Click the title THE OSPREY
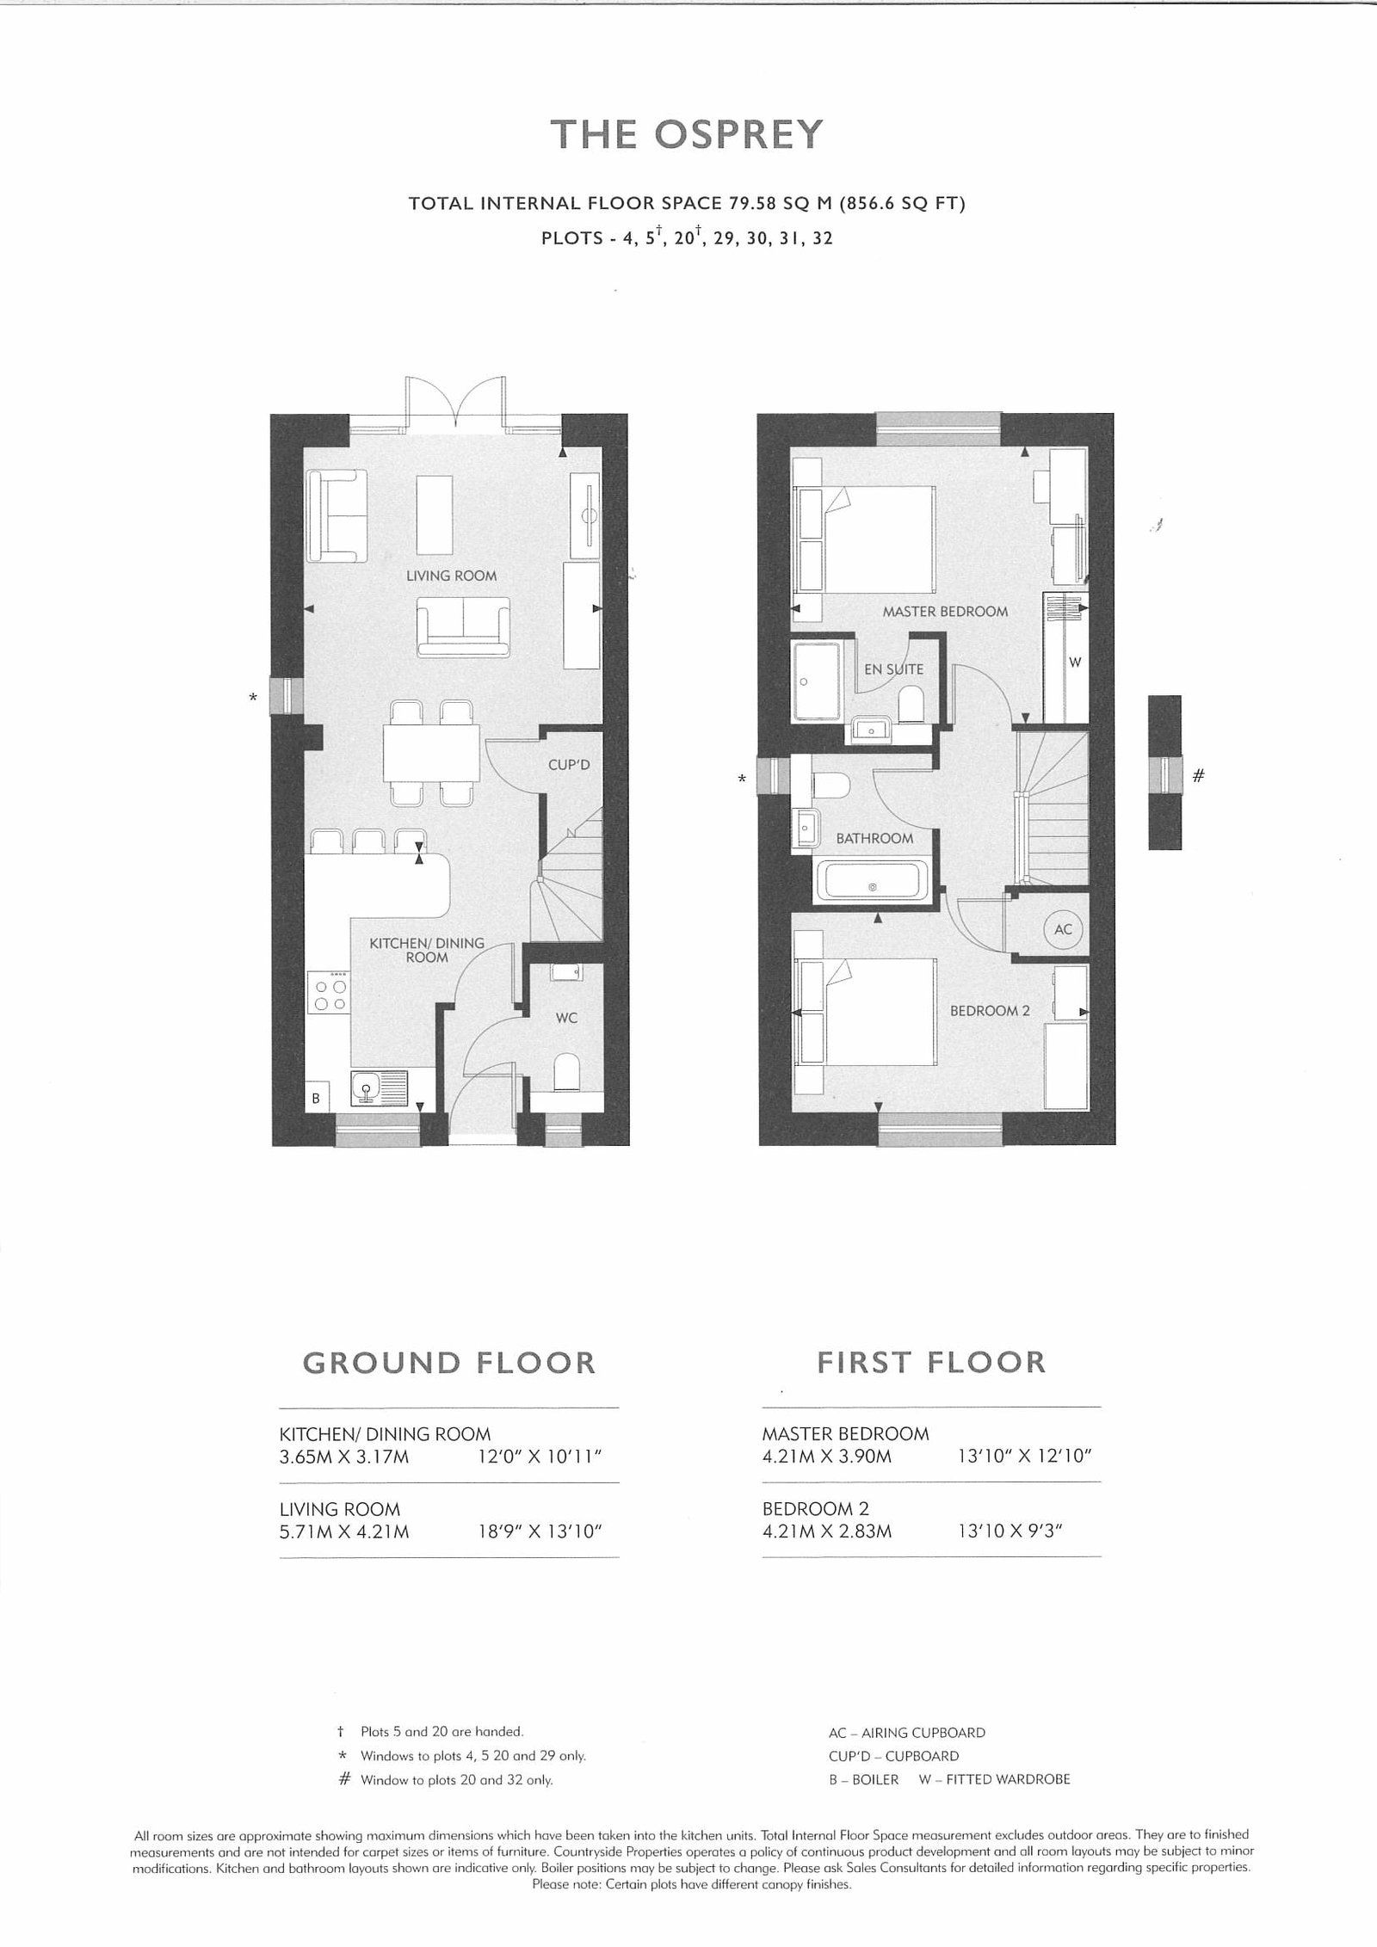687,134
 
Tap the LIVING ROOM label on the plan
451,576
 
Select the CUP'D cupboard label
569,764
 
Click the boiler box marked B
316,1099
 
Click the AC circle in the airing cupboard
1063,929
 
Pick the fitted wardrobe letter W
1074,662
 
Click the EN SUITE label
893,669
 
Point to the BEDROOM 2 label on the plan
990,1011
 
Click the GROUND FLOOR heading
448,1363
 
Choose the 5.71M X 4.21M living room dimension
344,1531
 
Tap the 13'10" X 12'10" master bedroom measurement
1024,1457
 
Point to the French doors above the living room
455,404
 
